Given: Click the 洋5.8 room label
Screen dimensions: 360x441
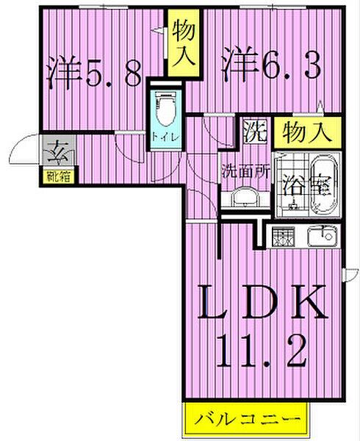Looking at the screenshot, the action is pos(95,72).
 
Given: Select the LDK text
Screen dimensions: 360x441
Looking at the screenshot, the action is pos(263,302).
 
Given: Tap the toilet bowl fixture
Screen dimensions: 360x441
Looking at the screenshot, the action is pos(165,109).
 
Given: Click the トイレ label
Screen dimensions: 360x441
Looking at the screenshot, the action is pos(165,138).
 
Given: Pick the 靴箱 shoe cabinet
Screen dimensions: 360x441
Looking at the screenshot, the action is pos(59,177).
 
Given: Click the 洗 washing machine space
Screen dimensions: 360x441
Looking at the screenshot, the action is pos(255,132).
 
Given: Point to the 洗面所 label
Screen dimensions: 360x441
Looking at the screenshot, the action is pos(246,171).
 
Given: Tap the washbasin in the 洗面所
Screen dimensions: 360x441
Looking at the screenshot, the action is pos(245,198).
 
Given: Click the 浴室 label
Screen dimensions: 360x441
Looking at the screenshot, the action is pos(307,186).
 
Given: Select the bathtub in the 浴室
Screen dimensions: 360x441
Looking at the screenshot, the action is pos(324,186).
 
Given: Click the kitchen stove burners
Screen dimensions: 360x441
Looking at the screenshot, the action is pos(283,236).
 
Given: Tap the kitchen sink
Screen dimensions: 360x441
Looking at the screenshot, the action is pos(322,237).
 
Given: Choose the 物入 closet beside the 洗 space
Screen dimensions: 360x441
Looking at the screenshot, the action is pos(307,132).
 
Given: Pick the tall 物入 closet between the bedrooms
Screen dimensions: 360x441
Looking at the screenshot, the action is pos(184,43).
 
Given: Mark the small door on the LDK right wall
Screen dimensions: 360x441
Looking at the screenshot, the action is pos(350,275).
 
